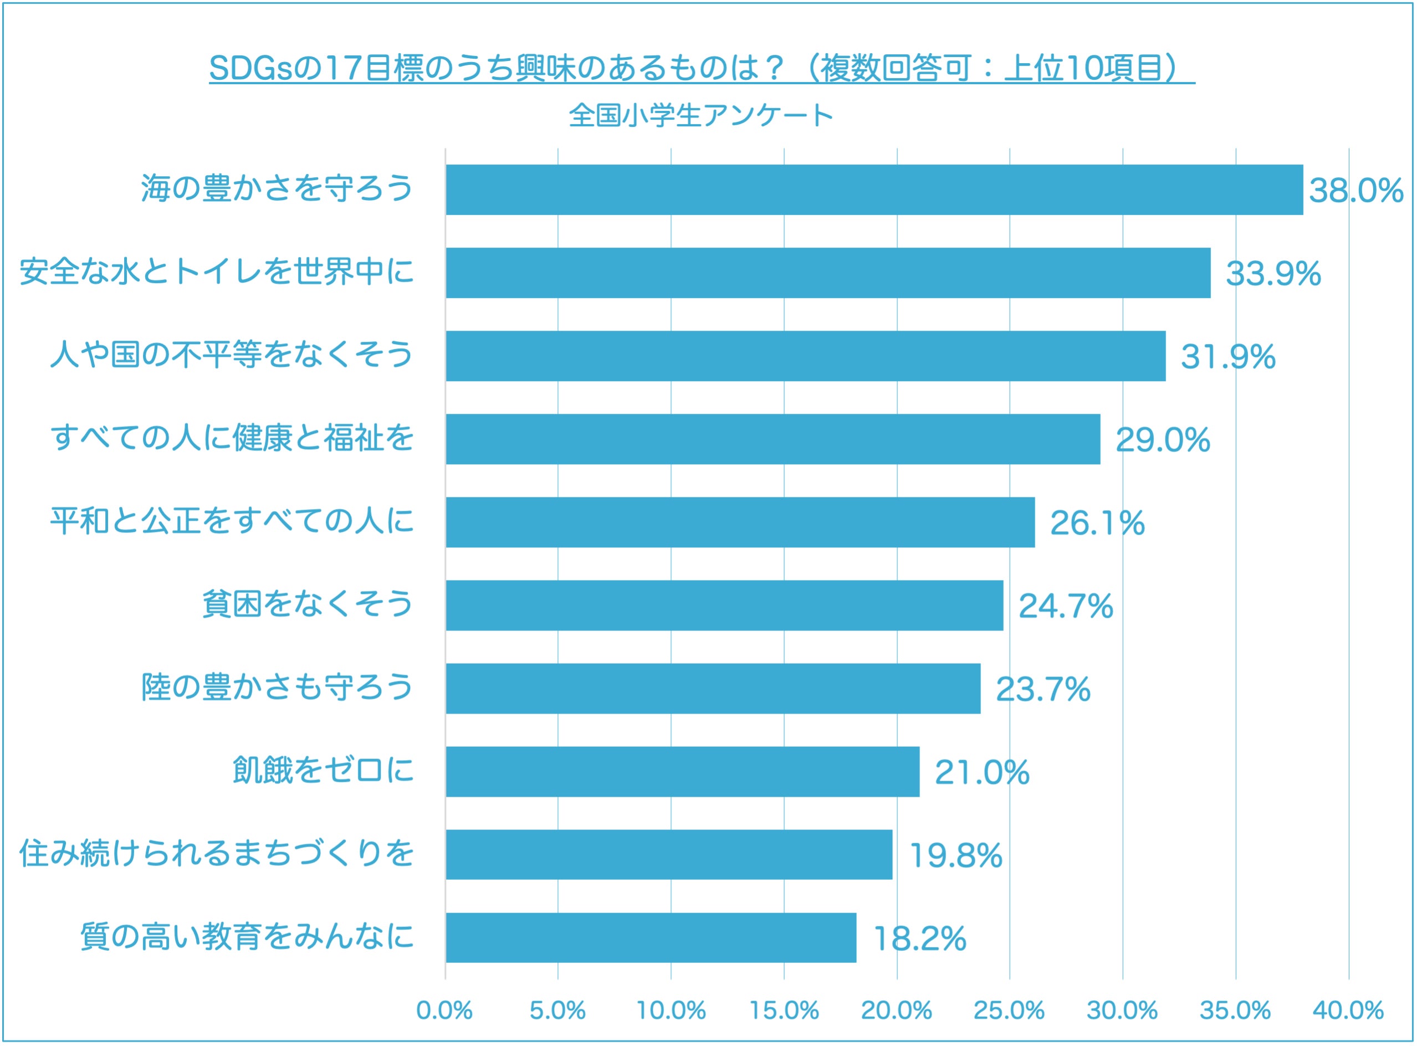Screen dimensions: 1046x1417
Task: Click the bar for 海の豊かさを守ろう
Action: [874, 190]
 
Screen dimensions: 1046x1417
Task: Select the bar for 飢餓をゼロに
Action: [683, 772]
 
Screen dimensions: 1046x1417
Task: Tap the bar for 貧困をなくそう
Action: [724, 606]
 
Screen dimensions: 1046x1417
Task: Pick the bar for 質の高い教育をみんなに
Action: [651, 938]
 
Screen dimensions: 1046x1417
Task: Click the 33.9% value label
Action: [1273, 274]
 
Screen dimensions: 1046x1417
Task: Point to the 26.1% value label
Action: [1097, 523]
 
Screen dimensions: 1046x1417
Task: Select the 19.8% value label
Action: [955, 855]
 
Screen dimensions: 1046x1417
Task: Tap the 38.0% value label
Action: [1355, 191]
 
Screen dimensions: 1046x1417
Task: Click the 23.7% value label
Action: [1043, 690]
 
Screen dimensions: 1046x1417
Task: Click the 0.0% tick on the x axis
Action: [444, 1011]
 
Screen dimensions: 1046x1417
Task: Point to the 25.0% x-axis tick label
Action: [1009, 1011]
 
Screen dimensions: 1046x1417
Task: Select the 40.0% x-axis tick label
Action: [1348, 1011]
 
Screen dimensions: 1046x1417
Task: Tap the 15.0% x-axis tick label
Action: [784, 1011]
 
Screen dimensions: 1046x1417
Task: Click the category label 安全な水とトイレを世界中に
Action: [217, 272]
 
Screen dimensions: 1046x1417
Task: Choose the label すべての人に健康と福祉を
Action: [232, 438]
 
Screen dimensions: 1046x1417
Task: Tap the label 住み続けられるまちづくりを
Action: [217, 854]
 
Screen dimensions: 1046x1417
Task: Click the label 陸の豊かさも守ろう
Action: [277, 688]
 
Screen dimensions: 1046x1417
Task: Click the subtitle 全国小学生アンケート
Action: [701, 116]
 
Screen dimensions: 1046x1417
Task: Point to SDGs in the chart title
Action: [250, 68]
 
